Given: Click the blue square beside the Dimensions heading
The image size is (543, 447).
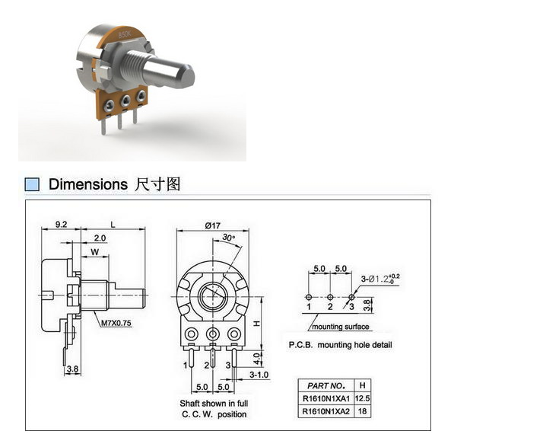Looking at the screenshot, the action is [32, 184].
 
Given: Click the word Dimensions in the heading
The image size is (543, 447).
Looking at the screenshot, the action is [88, 184].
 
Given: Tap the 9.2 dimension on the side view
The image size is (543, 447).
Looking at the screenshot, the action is [61, 225].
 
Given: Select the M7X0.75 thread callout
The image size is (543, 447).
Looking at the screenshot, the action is [116, 323].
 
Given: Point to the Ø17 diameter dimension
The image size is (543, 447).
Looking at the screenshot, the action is [213, 225].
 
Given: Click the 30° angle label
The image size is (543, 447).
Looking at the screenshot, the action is [228, 238].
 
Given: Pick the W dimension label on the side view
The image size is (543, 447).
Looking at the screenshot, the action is [94, 252].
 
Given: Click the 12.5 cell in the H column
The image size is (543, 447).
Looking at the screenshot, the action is [362, 398].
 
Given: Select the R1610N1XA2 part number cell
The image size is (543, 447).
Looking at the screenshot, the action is [326, 412].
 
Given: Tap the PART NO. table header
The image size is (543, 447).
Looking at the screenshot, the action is [325, 385].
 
